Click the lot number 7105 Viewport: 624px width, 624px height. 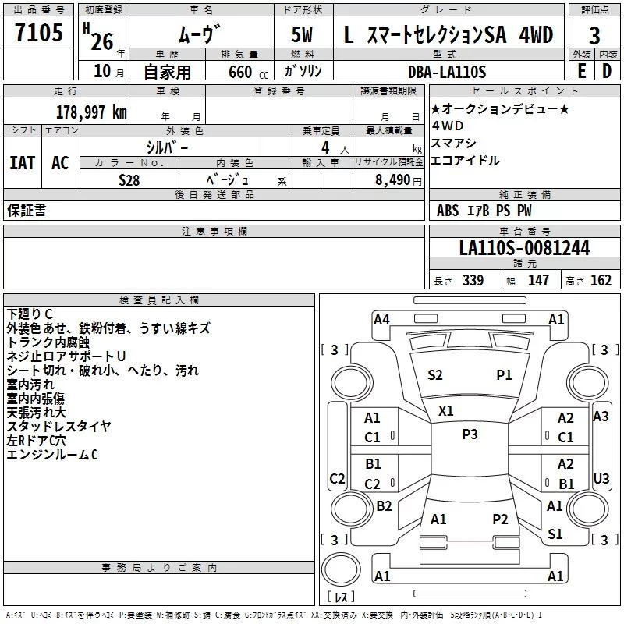tap(39, 34)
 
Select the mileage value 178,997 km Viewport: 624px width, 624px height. tap(91, 112)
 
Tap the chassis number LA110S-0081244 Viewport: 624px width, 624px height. tap(523, 248)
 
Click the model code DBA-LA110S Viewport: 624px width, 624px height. tap(446, 72)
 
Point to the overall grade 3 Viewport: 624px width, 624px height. tap(594, 36)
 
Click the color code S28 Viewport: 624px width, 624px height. tap(129, 179)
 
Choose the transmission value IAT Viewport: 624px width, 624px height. tap(22, 163)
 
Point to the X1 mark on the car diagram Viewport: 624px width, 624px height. tap(446, 410)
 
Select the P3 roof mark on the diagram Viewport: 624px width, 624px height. tap(470, 434)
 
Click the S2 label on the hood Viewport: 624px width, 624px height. tap(435, 375)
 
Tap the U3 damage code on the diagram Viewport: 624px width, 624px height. tap(601, 478)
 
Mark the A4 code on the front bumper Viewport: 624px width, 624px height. tap(381, 319)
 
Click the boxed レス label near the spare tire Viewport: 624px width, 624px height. tap(341, 597)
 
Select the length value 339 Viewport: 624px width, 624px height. tap(473, 281)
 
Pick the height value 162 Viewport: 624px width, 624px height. tap(601, 281)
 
